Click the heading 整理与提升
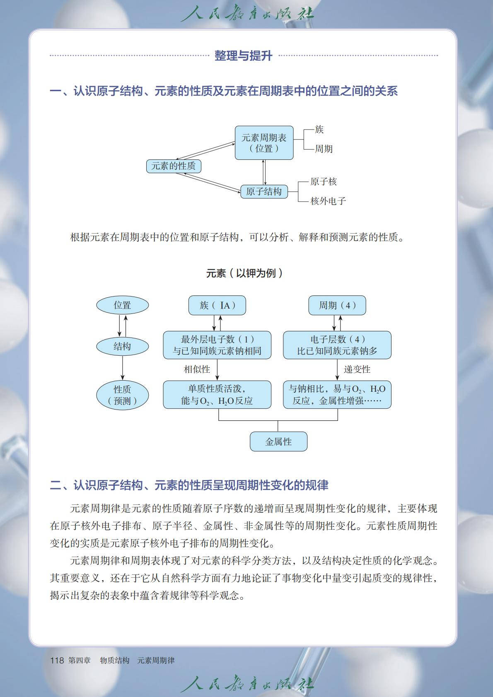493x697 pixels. click(x=243, y=55)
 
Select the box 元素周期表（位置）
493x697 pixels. click(x=264, y=143)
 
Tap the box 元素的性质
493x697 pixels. click(x=174, y=166)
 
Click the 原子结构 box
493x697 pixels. click(x=264, y=191)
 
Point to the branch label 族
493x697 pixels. click(x=319, y=130)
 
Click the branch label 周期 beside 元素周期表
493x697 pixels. click(x=324, y=149)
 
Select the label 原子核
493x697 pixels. click(x=324, y=181)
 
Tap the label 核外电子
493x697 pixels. click(x=328, y=201)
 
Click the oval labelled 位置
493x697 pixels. click(x=122, y=305)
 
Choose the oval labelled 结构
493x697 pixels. click(x=122, y=346)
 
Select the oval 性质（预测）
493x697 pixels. click(x=122, y=395)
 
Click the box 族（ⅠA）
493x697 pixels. click(x=217, y=305)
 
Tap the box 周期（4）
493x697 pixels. click(x=337, y=305)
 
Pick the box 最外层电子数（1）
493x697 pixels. click(x=217, y=345)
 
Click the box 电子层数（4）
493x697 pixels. click(x=337, y=345)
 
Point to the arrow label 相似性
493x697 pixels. click(x=197, y=369)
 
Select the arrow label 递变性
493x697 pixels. click(x=357, y=369)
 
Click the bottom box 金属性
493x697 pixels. click(x=278, y=441)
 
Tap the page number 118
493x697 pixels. click(x=57, y=660)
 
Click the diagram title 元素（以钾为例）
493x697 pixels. click(x=244, y=273)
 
